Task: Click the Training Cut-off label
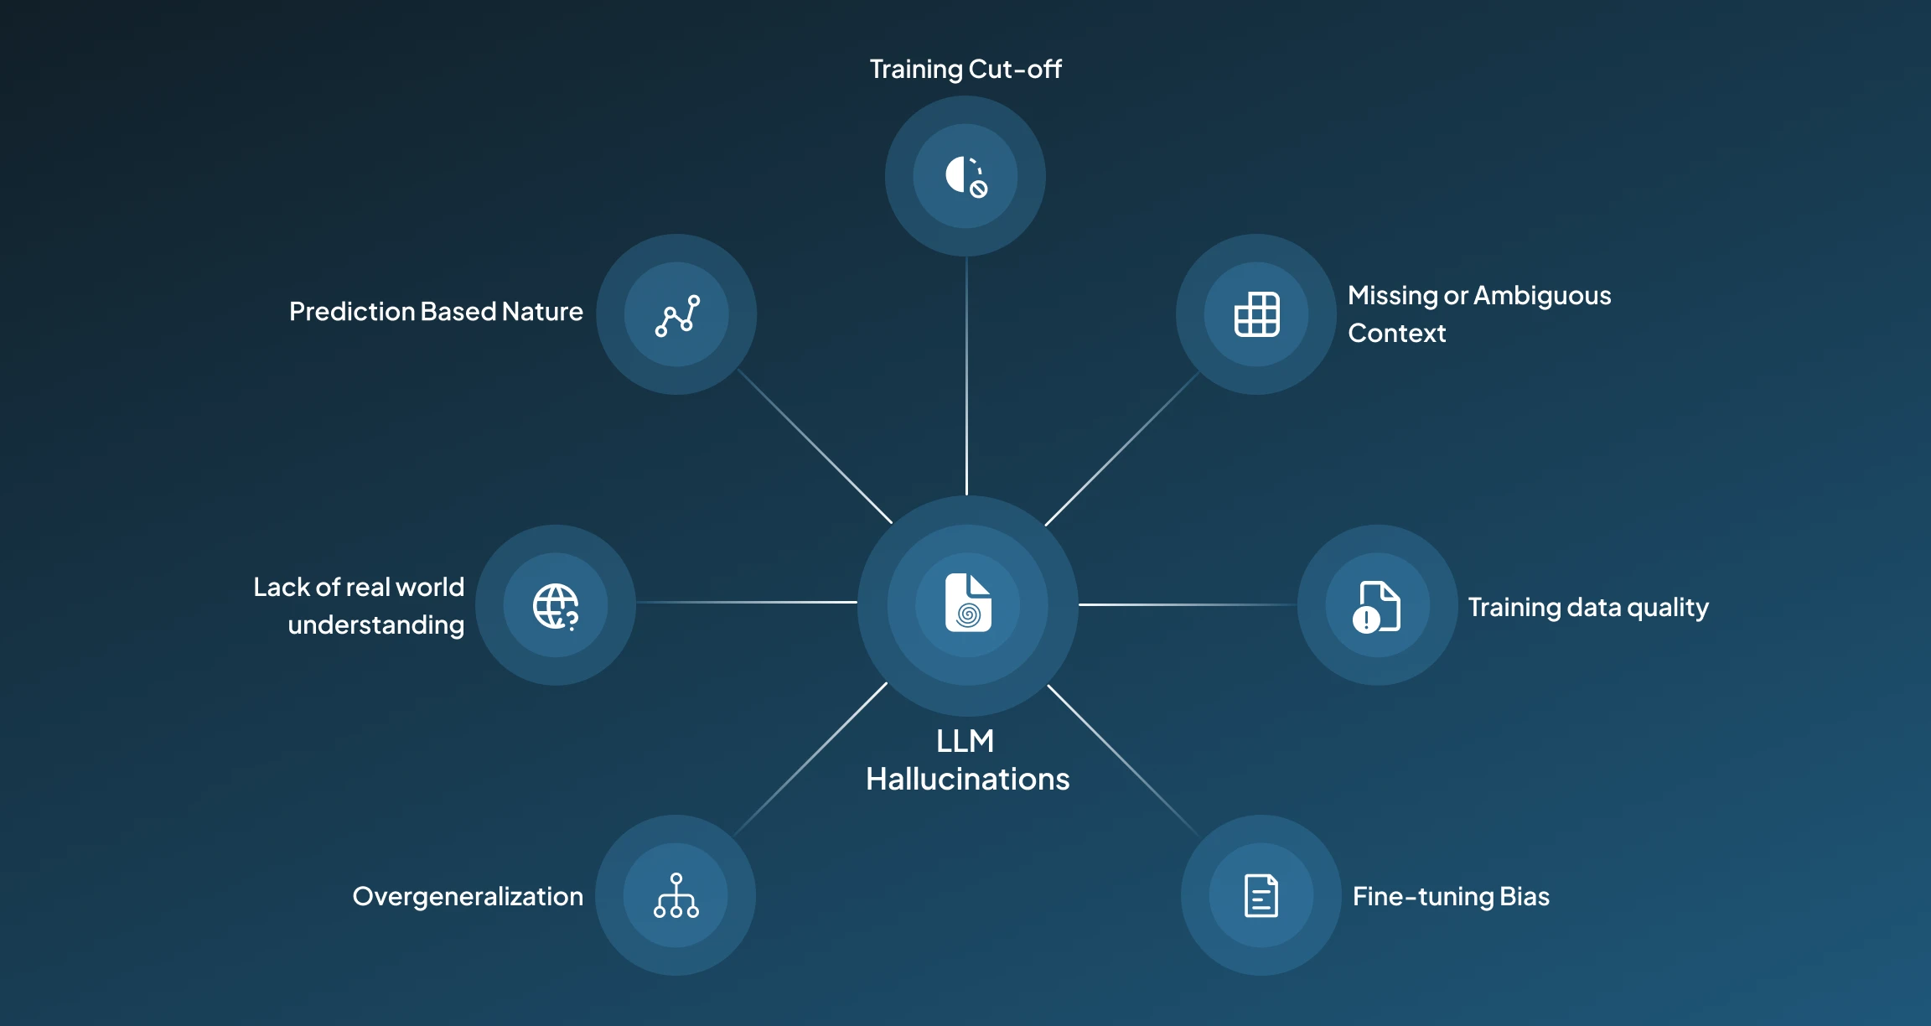965,69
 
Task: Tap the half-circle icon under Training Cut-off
965,176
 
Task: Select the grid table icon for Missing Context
1256,314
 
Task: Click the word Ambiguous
1542,296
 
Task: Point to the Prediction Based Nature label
436,312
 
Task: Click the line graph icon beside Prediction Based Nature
677,315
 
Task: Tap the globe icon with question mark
556,606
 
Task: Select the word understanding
375,625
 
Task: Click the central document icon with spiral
968,603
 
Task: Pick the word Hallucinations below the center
967,780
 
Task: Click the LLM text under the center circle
965,741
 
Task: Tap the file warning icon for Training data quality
1376,606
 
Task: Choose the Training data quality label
1587,607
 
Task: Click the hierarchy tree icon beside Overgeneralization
676,896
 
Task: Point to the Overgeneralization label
468,897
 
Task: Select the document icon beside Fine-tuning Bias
1261,896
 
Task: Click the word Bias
1525,897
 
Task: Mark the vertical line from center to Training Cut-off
966,377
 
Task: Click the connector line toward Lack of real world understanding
746,602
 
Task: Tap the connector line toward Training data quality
1188,604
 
